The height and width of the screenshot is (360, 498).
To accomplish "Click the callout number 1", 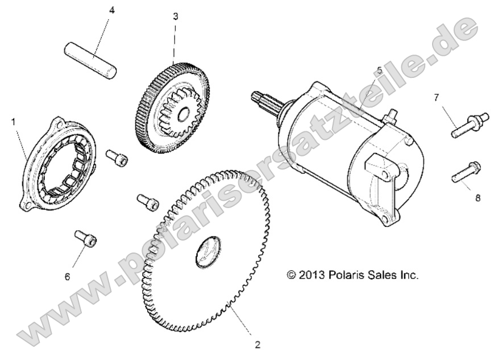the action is tap(13, 122).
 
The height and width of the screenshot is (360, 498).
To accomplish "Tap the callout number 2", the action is tap(258, 345).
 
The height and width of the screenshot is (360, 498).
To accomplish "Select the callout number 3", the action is tap(175, 16).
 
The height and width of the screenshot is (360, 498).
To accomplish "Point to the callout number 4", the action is tap(111, 10).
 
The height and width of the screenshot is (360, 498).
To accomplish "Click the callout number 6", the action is tap(67, 277).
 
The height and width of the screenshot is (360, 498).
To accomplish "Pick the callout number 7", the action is tap(437, 97).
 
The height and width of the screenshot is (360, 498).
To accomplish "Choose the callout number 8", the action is tap(478, 198).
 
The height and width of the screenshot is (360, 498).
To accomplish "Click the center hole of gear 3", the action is tap(184, 115).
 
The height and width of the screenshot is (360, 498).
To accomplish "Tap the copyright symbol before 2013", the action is tap(291, 275).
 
